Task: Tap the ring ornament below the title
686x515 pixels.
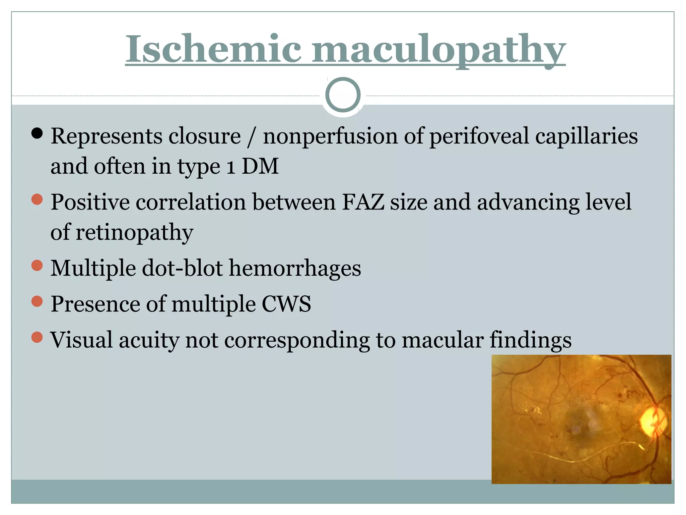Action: coord(343,95)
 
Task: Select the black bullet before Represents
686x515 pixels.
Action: coord(37,133)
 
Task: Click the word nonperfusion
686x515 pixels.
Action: coord(330,136)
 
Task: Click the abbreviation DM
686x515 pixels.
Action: coord(260,166)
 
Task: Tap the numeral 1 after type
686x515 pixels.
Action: coord(230,167)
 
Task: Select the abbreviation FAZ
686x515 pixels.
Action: coord(363,202)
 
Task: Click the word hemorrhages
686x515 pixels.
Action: coord(295,268)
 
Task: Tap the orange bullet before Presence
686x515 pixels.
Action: coord(37,301)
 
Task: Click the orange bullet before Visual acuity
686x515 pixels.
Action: coord(37,337)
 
